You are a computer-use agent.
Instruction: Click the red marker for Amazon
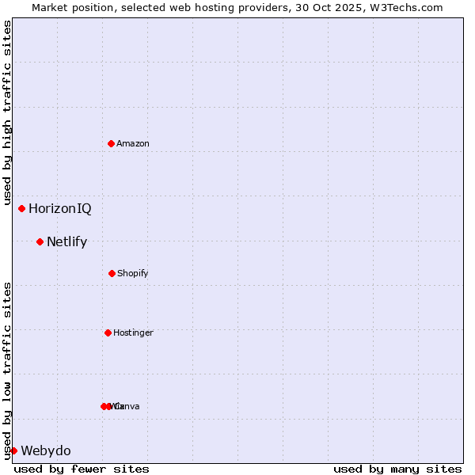point(111,143)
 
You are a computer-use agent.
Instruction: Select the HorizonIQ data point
point(21,208)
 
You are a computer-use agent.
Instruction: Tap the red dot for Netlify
point(40,241)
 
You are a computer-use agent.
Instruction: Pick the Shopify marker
point(112,273)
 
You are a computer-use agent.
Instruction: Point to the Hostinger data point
point(108,332)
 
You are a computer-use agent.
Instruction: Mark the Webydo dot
point(13,450)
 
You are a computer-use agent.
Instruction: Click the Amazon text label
point(133,143)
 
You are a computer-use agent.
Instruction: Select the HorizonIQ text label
point(59,209)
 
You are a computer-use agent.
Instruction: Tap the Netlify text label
point(66,242)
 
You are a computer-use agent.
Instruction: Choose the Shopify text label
point(133,273)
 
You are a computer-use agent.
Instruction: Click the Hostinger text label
point(133,332)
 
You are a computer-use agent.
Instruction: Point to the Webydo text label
point(46,451)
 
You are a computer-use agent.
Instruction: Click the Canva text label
point(128,406)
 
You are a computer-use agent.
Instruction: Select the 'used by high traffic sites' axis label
point(8,112)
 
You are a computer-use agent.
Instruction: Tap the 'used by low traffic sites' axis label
point(8,370)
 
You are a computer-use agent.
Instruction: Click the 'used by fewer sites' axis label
point(82,469)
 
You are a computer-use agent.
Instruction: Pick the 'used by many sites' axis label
point(397,469)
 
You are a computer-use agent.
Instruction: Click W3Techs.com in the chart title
point(404,7)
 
